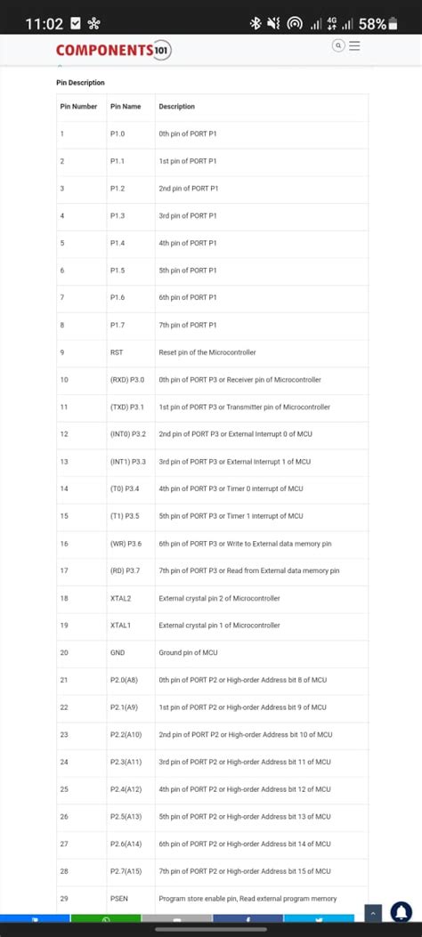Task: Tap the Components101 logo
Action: tap(113, 51)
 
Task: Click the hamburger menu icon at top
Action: tap(354, 46)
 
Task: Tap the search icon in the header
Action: tap(338, 46)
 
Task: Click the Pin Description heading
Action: tap(80, 83)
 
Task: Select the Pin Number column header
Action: tap(78, 107)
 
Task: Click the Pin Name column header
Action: tap(126, 107)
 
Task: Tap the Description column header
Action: tap(176, 107)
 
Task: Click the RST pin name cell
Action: tap(117, 352)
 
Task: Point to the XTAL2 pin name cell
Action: tap(121, 598)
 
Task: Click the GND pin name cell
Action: tap(118, 653)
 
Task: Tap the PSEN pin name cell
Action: tap(119, 899)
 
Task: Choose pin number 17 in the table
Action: tap(64, 571)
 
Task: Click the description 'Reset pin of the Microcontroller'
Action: tap(215, 352)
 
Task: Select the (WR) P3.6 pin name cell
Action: tap(126, 544)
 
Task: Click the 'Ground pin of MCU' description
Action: tap(188, 653)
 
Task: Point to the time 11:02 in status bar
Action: tap(44, 23)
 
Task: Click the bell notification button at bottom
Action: tap(401, 912)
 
